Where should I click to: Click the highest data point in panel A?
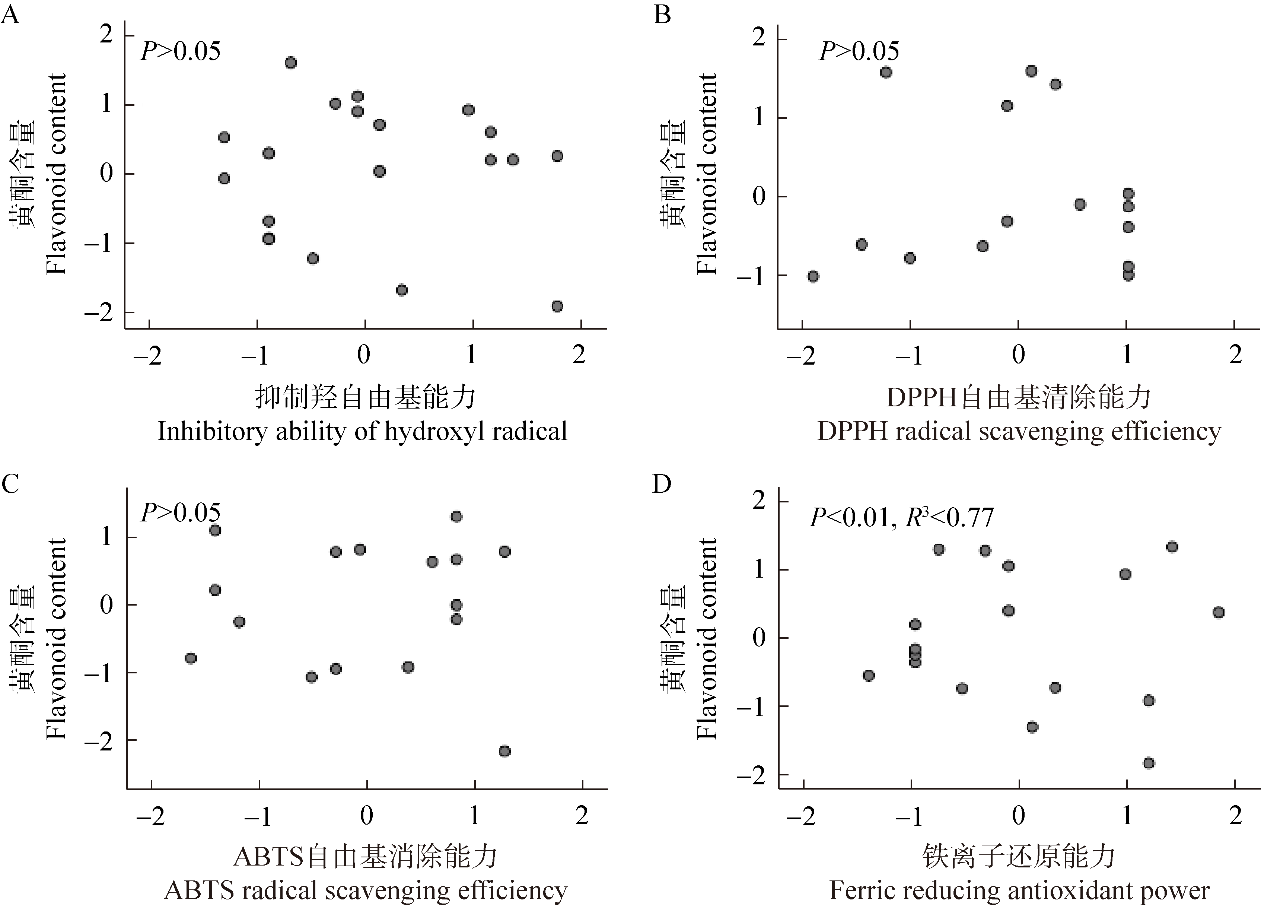tap(291, 63)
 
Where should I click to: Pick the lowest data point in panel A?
tap(557, 307)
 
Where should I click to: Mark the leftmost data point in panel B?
tap(813, 276)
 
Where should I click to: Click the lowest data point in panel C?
tap(504, 751)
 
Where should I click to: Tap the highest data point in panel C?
tap(456, 517)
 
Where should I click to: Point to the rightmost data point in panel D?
tap(1218, 612)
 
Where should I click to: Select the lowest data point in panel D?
tap(1149, 763)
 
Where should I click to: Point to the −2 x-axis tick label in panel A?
tap(148, 355)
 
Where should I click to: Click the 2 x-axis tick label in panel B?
tap(1235, 355)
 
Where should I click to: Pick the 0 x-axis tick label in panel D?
tap(1019, 816)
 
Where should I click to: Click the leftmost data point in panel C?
tap(191, 658)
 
